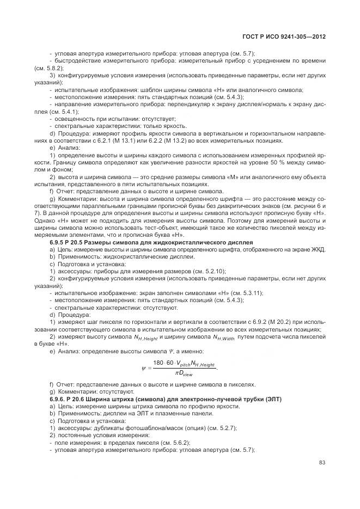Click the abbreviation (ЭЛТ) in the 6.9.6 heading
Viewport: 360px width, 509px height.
click(271, 400)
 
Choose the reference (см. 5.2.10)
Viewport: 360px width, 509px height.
click(207, 271)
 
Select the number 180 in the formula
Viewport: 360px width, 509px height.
click(158, 363)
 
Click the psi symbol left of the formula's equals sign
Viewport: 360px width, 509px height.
click(144, 368)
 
